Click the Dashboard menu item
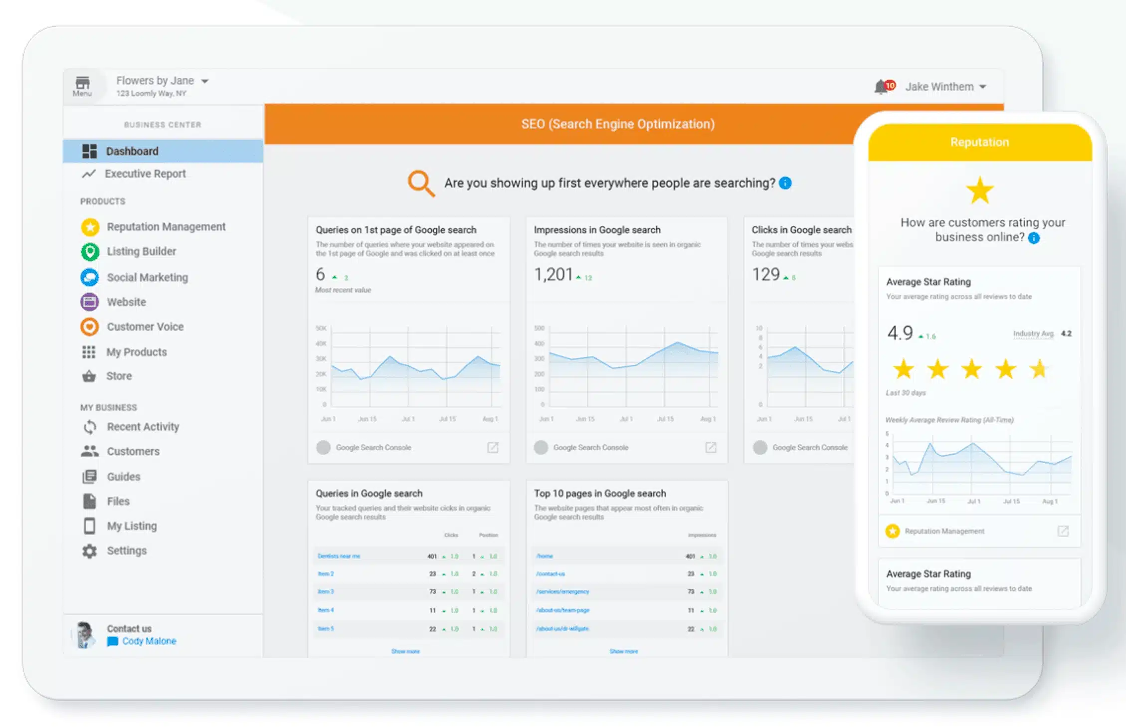132,151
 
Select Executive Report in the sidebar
145,174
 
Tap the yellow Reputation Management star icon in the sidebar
90,227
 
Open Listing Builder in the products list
141,251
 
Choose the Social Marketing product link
147,277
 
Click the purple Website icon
89,302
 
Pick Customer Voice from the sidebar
145,327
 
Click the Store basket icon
89,376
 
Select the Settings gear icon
89,551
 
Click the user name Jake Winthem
939,87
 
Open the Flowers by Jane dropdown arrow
204,81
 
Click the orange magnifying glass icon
420,183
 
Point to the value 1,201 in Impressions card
553,275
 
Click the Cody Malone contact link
149,641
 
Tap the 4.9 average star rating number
900,333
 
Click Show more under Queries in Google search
405,651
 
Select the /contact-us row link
551,574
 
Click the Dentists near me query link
339,556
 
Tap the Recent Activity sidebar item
143,427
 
